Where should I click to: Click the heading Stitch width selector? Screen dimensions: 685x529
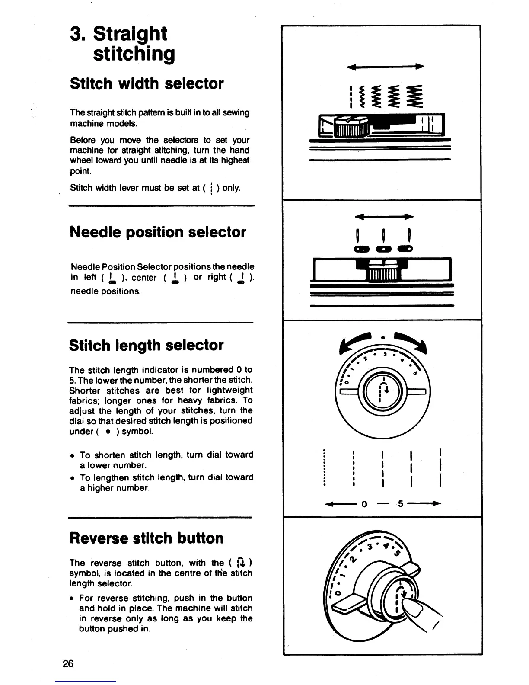pos(147,83)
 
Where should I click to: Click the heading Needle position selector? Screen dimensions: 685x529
pos(158,232)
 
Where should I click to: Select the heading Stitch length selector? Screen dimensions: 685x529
pos(146,345)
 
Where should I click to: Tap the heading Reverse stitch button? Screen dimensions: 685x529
pos(147,538)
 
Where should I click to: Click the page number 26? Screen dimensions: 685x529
pos(68,663)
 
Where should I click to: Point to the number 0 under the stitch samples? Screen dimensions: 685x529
pos(364,504)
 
